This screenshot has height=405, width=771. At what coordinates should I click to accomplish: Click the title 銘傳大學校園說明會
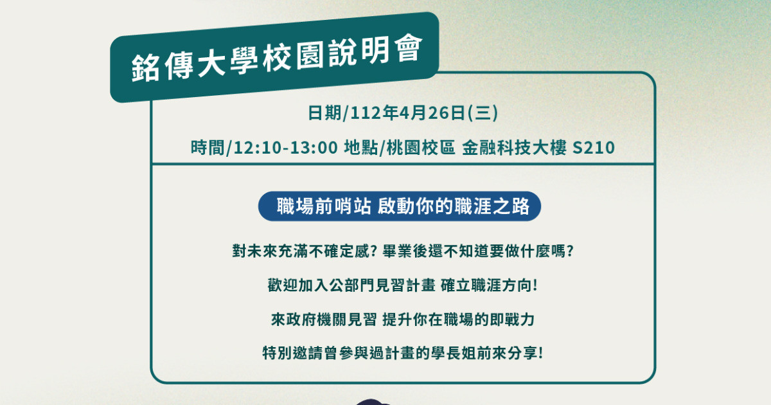(x=277, y=59)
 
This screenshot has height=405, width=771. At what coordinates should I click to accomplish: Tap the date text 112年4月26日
(x=408, y=113)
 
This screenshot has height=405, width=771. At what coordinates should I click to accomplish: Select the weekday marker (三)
(x=483, y=113)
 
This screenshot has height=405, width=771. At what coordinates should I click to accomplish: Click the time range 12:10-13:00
(x=286, y=148)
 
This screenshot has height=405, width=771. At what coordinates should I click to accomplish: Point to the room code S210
(x=594, y=148)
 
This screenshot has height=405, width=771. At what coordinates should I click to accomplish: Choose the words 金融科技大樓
(x=514, y=148)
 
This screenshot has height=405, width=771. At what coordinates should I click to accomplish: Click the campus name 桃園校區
(x=421, y=148)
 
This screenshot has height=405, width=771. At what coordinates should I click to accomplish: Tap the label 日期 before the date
(x=324, y=113)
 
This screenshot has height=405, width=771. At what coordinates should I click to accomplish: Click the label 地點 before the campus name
(x=360, y=148)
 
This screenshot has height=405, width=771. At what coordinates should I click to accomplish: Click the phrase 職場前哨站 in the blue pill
(x=324, y=206)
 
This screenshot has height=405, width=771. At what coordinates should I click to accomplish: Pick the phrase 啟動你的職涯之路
(x=454, y=206)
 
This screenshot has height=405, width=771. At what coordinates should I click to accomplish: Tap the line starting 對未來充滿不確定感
(x=403, y=251)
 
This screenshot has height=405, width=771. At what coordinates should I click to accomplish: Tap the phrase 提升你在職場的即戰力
(x=459, y=319)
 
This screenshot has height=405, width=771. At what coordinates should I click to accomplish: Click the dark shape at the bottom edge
(x=372, y=402)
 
